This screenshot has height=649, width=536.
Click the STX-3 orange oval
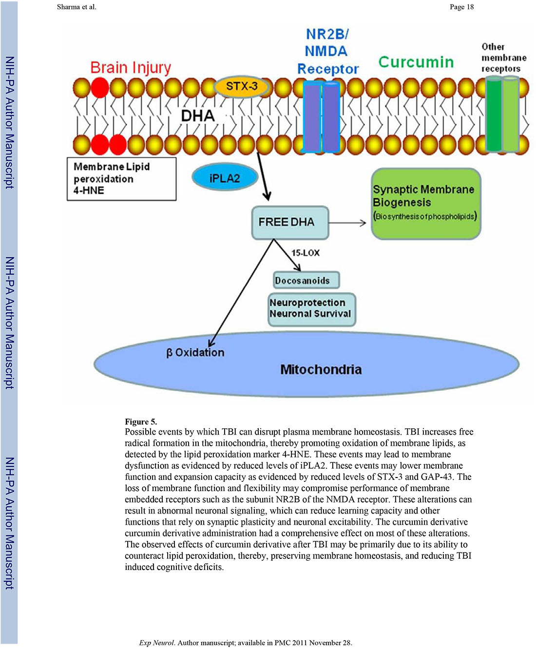click(x=242, y=87)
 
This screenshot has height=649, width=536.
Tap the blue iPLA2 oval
click(x=225, y=178)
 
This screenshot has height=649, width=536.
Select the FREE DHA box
click(x=289, y=222)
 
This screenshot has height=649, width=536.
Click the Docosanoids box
click(x=306, y=280)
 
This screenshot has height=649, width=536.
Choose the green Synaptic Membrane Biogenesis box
click(x=425, y=204)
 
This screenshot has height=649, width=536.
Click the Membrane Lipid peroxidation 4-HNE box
click(x=121, y=179)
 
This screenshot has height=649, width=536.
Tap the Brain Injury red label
click(x=131, y=67)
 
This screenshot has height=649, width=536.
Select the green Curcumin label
click(x=416, y=62)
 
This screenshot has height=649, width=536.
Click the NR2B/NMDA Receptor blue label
click(x=327, y=52)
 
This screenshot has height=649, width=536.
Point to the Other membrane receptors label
click(x=503, y=57)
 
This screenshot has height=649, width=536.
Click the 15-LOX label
click(x=306, y=253)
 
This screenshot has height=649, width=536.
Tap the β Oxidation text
click(x=195, y=352)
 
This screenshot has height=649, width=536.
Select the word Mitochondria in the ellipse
click(x=321, y=369)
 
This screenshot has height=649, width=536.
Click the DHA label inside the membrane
click(x=198, y=115)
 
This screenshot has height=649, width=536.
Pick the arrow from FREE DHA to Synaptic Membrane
click(x=347, y=223)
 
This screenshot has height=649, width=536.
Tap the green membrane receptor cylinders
click(x=502, y=115)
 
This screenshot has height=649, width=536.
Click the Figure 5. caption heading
click(x=141, y=421)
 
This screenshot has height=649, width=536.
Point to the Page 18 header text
click(x=461, y=7)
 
